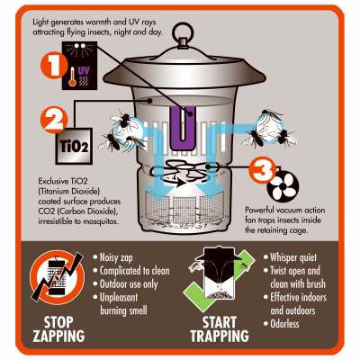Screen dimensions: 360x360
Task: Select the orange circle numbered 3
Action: pos(262,170)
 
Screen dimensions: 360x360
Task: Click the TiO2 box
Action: pos(74,146)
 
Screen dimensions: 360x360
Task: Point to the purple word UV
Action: pos(84,71)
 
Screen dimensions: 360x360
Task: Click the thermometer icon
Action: pos(72,76)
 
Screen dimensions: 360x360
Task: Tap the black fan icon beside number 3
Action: pos(283,186)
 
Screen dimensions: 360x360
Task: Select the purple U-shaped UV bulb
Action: pos(183,128)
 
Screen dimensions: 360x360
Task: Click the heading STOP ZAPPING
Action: pos(58,328)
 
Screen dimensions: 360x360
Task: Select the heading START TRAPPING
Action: pos(220,328)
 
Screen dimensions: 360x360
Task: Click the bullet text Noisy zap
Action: pos(116,257)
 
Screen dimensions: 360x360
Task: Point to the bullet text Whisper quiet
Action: pos(293,257)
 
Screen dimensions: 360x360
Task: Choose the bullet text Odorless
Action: pos(284,324)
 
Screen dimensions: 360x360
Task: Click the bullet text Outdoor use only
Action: pos(129,284)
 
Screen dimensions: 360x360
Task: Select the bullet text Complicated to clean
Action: pos(135,271)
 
